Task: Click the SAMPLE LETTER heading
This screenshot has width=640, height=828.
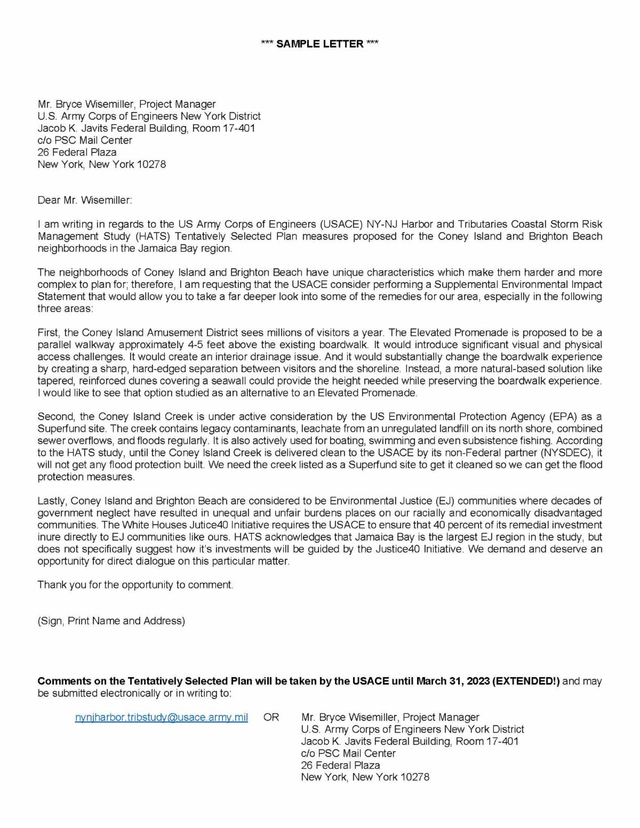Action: [x=319, y=44]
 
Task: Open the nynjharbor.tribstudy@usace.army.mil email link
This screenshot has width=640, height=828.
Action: [x=162, y=717]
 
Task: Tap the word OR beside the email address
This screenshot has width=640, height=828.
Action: [x=271, y=717]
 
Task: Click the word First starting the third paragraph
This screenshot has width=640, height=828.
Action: [x=49, y=333]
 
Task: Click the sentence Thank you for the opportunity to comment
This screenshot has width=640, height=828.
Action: [x=135, y=585]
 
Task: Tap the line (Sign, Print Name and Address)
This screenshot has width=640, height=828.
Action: [x=111, y=621]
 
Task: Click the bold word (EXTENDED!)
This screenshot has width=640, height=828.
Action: [x=527, y=681]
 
